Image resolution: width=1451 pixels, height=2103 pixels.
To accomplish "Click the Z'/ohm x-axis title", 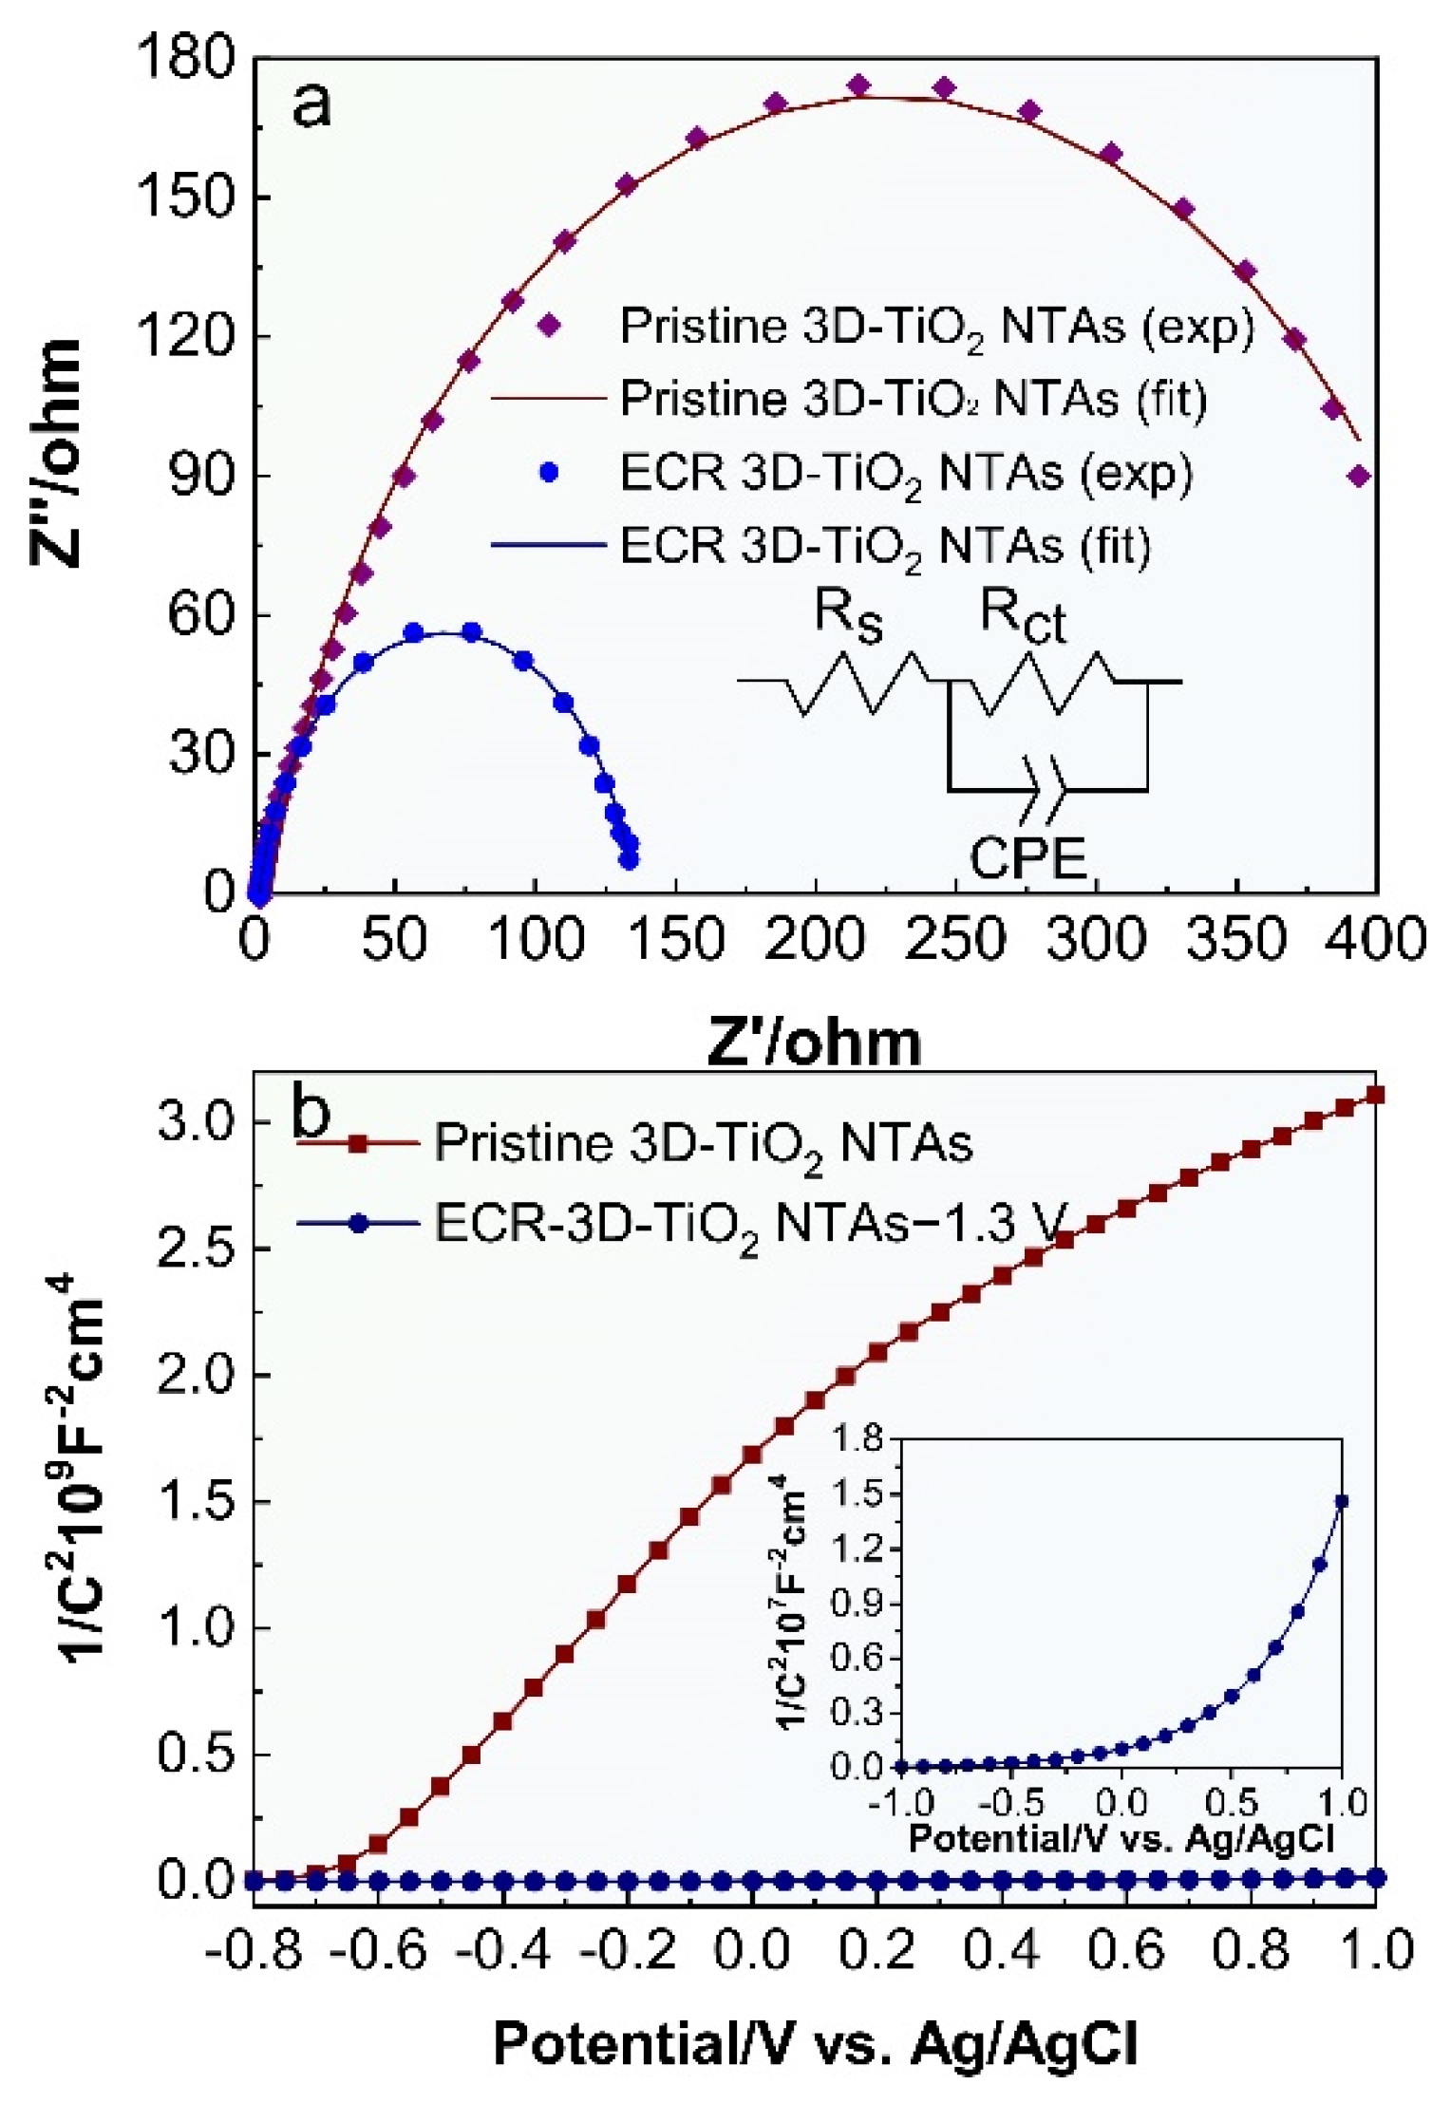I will point(814,1042).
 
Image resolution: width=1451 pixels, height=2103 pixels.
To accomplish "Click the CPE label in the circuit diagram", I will point(1027,858).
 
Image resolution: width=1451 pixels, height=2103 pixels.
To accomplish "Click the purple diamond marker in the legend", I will point(548,326).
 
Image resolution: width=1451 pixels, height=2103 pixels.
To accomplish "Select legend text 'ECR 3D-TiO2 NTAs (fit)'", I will point(885,547).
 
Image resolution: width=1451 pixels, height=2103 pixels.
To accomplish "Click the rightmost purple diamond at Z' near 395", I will point(1359,476).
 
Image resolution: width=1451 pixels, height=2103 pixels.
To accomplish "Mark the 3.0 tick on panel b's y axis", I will point(198,1122).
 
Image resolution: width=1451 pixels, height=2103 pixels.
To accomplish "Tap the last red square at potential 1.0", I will point(1375,1096).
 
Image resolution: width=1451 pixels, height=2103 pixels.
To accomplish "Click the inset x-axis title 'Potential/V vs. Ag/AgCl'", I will point(1121,1838).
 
